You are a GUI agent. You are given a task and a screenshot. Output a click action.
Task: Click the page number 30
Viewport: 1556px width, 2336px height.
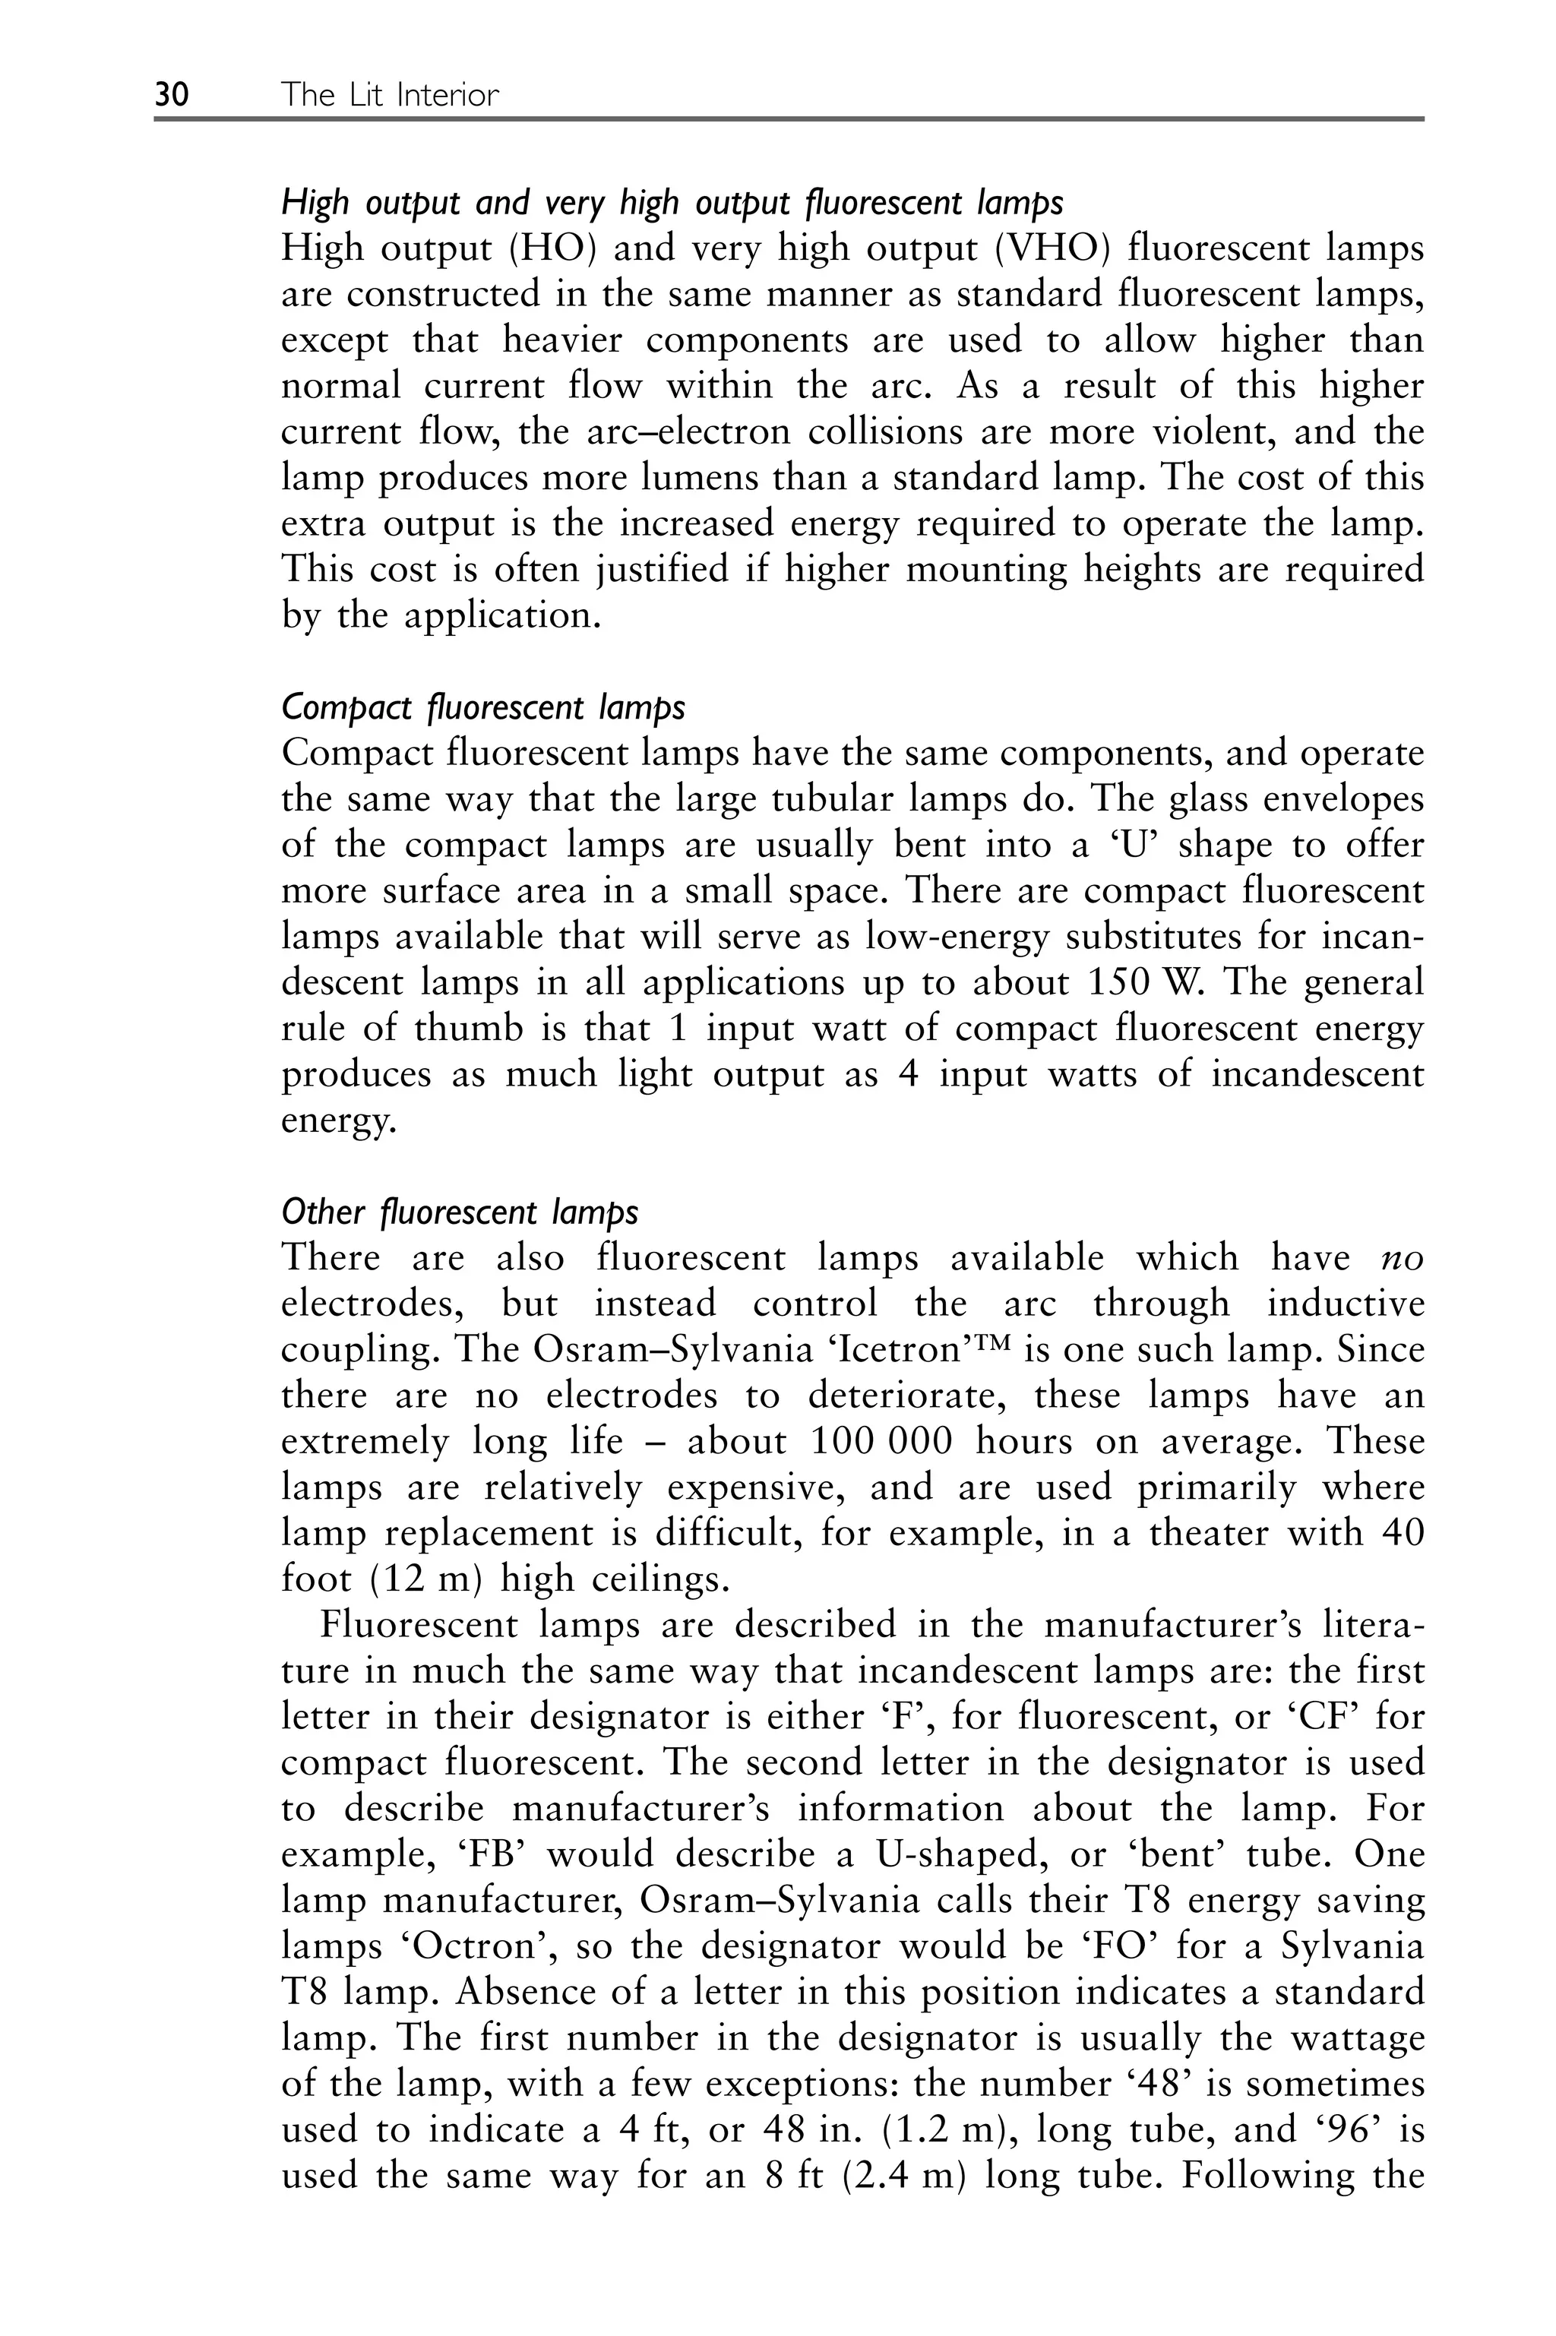coord(172,95)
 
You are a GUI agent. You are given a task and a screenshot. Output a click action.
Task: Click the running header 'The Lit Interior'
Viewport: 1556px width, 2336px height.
coord(390,95)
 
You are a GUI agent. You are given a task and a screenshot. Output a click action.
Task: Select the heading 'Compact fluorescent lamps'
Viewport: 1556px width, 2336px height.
coord(482,707)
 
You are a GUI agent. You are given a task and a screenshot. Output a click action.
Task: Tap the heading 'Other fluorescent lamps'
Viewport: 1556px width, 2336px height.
coord(460,1212)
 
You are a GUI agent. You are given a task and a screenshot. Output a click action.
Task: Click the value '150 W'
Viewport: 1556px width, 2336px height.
coord(1144,983)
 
